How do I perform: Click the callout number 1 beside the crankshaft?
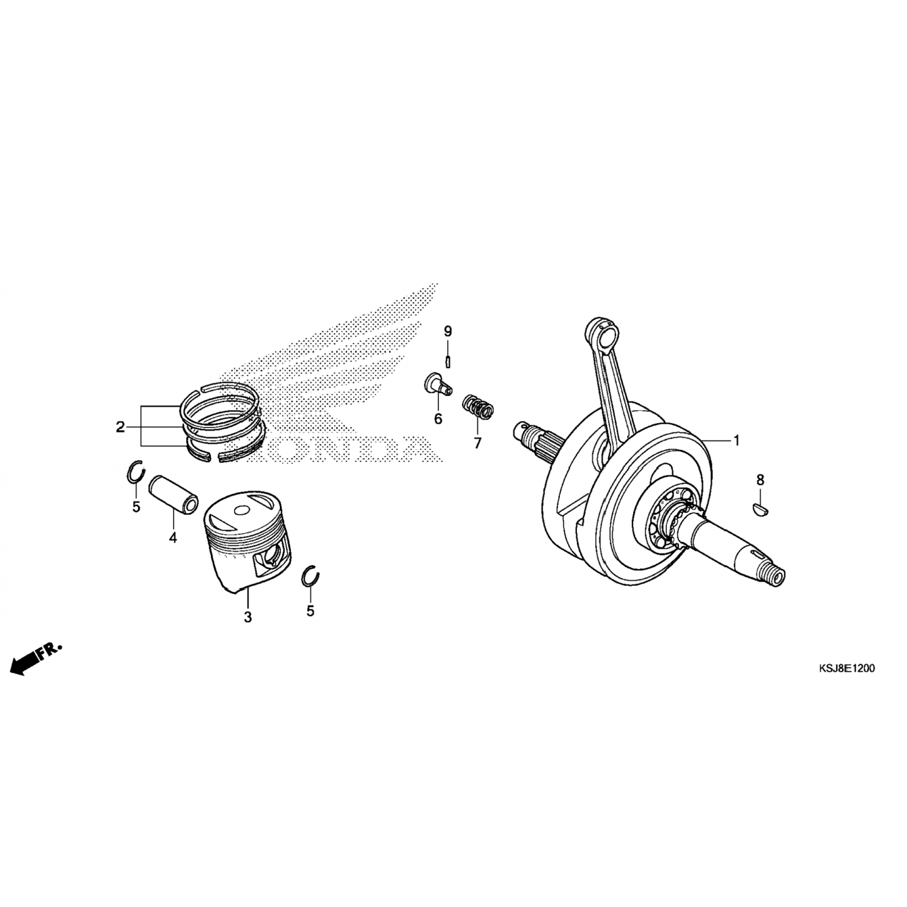pyautogui.click(x=736, y=441)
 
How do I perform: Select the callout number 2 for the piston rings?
pyautogui.click(x=120, y=427)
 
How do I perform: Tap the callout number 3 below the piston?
pyautogui.click(x=247, y=617)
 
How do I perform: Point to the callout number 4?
pyautogui.click(x=173, y=537)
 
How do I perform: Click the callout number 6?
pyautogui.click(x=438, y=419)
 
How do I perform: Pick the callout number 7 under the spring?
pyautogui.click(x=478, y=443)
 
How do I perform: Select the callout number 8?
pyautogui.click(x=760, y=480)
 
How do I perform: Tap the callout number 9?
pyautogui.click(x=448, y=331)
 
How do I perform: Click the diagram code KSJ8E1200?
pyautogui.click(x=846, y=669)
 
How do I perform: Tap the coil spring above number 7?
pyautogui.click(x=479, y=406)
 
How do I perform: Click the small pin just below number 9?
pyautogui.click(x=448, y=361)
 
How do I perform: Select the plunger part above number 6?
pyautogui.click(x=437, y=385)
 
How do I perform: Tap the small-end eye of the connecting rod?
pyautogui.click(x=605, y=331)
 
